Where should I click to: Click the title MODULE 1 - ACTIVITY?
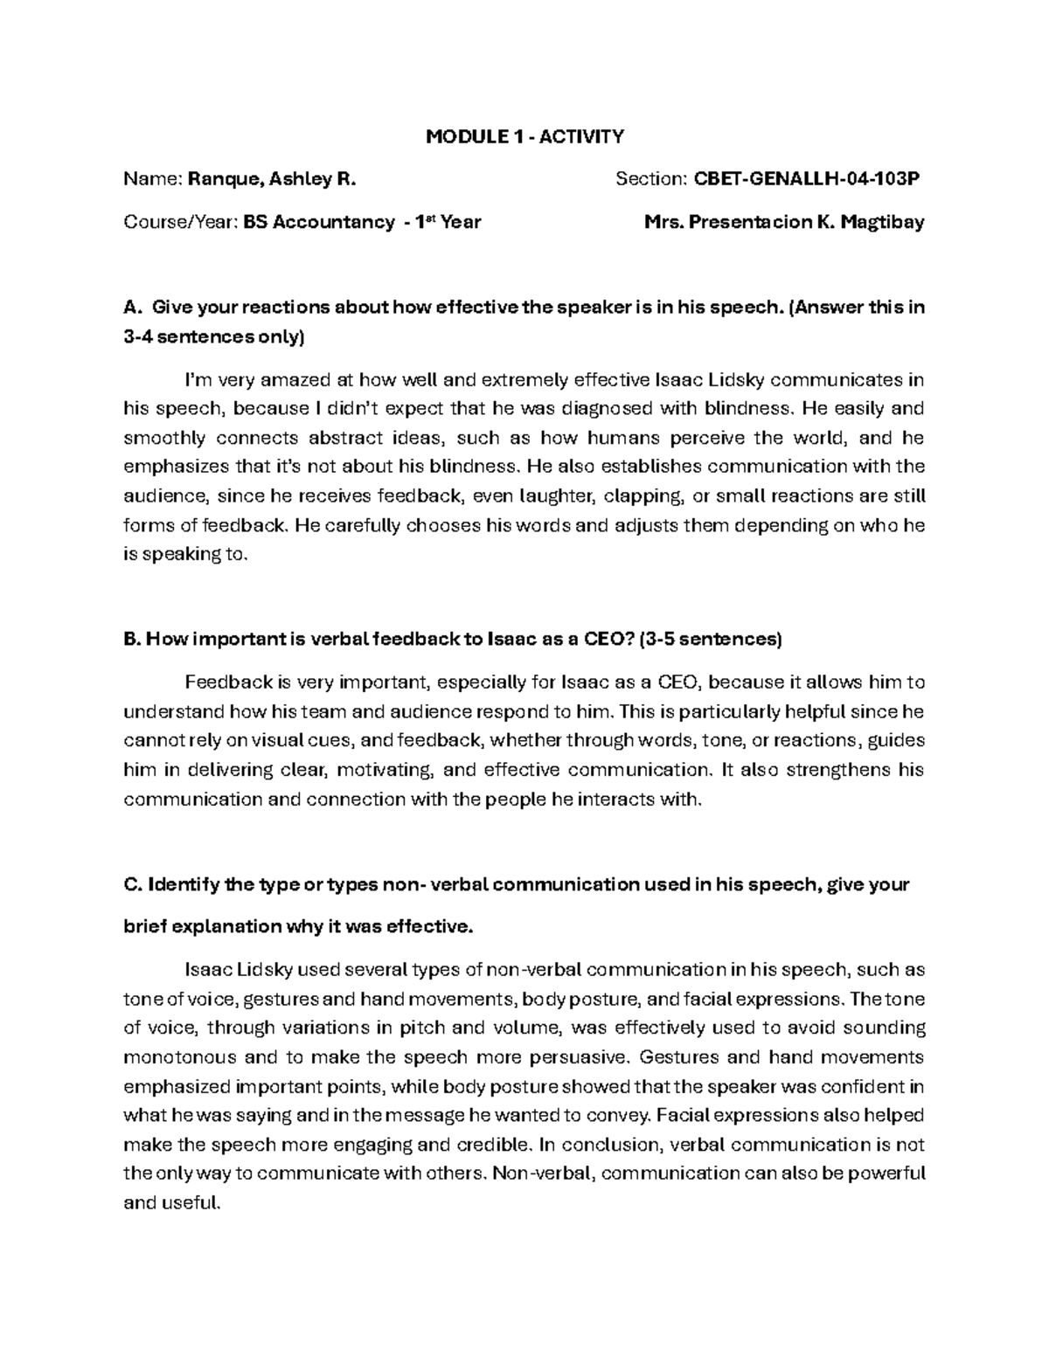point(524,136)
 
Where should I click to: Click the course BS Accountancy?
point(319,222)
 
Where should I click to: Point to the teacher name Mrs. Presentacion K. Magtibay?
point(783,222)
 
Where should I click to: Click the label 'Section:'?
point(651,180)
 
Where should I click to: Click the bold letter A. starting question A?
point(133,308)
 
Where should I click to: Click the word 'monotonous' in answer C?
point(180,1057)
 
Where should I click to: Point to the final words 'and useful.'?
point(173,1203)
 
